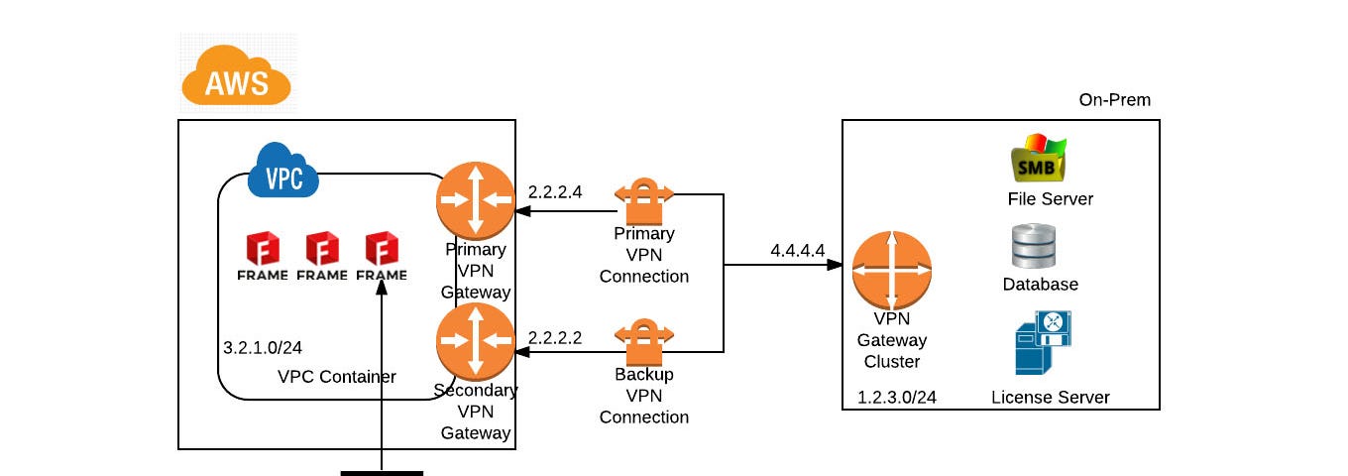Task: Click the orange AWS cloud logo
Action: pos(237,77)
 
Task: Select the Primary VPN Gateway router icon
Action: pos(475,199)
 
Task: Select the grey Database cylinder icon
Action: pos(1034,245)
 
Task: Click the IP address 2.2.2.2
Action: pos(555,337)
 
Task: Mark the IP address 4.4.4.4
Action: pos(797,250)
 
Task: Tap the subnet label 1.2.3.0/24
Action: pos(898,398)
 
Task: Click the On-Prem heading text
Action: pos(1114,100)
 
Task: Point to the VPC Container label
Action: pos(337,377)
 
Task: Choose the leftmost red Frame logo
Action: pos(263,256)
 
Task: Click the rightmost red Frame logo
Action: pos(382,256)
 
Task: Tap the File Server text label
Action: pos(1051,199)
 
